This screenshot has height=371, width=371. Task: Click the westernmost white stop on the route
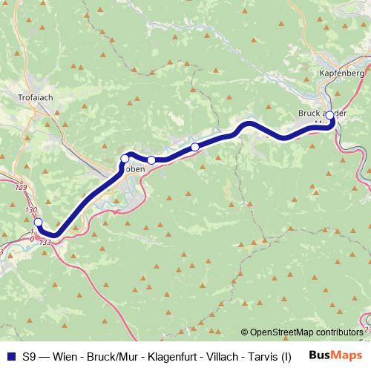click(39, 222)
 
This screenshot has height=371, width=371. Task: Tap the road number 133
click(45, 242)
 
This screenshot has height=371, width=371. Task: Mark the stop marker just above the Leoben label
click(125, 159)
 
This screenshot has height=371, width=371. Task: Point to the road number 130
click(30, 211)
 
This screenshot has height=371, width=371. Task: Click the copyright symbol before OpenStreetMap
click(245, 332)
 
